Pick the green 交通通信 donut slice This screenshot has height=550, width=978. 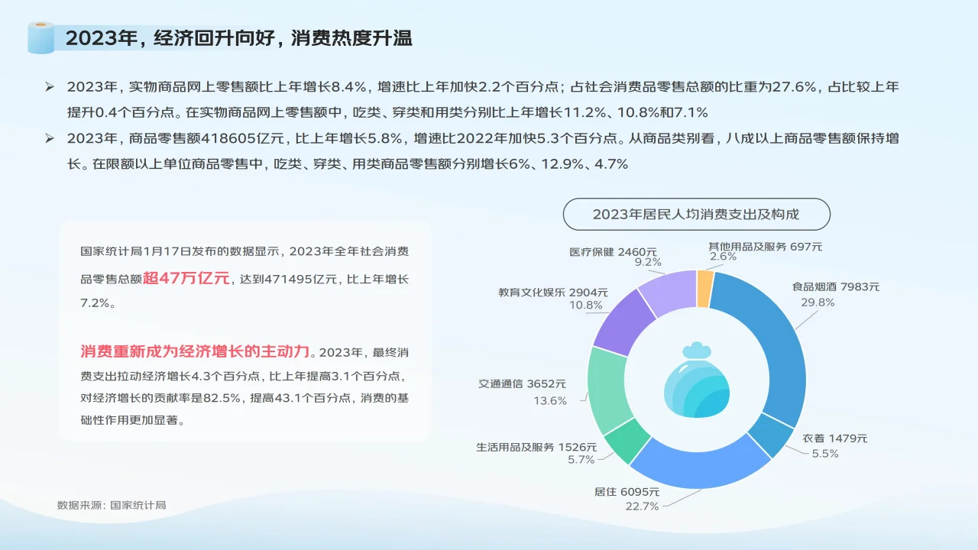point(610,390)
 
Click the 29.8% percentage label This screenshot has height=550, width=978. point(817,302)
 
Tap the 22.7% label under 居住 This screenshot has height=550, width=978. point(642,506)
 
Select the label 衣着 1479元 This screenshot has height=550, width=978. point(834,438)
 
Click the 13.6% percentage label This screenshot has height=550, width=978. point(550,400)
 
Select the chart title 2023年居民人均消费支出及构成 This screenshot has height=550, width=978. point(696,215)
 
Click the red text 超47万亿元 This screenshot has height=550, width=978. point(186,279)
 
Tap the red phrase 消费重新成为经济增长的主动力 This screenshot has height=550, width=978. point(196,351)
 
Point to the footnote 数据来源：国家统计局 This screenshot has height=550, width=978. point(112,505)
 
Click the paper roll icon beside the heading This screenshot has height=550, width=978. point(40,37)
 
